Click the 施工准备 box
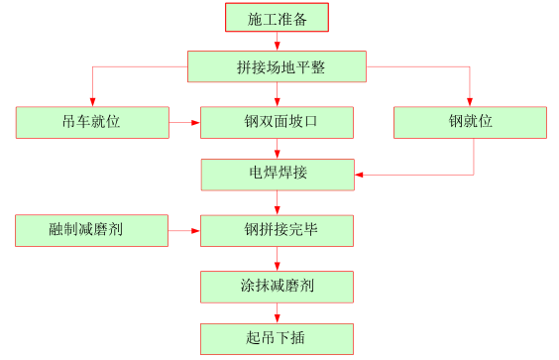click(x=277, y=18)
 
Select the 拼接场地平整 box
click(x=277, y=66)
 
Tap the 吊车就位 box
click(x=92, y=122)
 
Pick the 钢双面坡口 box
click(x=277, y=122)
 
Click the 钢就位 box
click(x=470, y=122)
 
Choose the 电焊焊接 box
click(x=277, y=175)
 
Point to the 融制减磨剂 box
click(x=92, y=230)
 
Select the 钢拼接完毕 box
click(x=277, y=230)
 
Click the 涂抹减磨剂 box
click(x=277, y=287)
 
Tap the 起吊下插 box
click(x=277, y=338)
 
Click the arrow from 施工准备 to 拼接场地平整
click(x=277, y=42)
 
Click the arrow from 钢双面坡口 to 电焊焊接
click(x=277, y=149)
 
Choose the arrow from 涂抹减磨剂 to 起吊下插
click(x=277, y=312)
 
